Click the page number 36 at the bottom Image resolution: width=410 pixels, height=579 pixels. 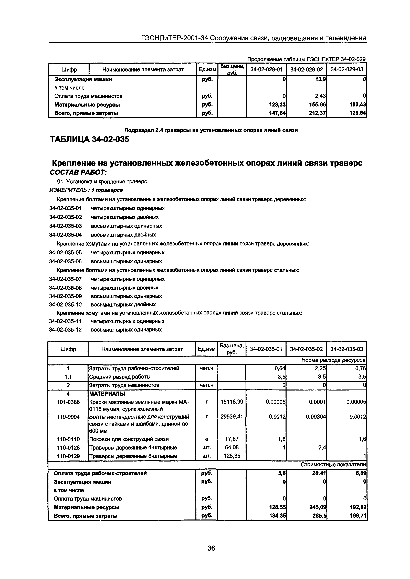tap(211, 548)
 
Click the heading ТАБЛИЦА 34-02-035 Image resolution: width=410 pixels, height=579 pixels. tap(89, 139)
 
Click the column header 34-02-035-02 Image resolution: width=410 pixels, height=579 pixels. tap(306, 349)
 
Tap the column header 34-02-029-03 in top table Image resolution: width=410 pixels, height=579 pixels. tap(347, 69)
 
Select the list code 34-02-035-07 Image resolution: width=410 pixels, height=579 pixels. tap(65, 279)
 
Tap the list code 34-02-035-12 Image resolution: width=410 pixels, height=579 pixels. tap(65, 330)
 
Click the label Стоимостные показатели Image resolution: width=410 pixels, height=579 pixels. tap(333, 465)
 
